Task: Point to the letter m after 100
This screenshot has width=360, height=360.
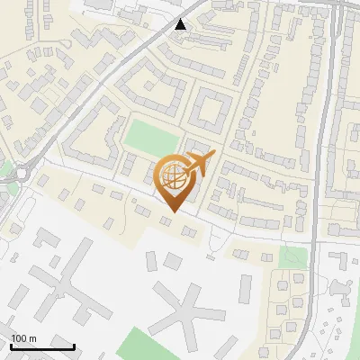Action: coord(33,338)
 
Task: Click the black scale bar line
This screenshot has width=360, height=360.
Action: coord(42,346)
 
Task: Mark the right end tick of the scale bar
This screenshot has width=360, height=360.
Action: coord(74,345)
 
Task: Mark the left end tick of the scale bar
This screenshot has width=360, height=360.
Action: coord(10,345)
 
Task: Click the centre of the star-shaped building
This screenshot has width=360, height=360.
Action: coord(185,311)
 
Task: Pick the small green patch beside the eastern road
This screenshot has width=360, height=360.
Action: coord(290,256)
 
